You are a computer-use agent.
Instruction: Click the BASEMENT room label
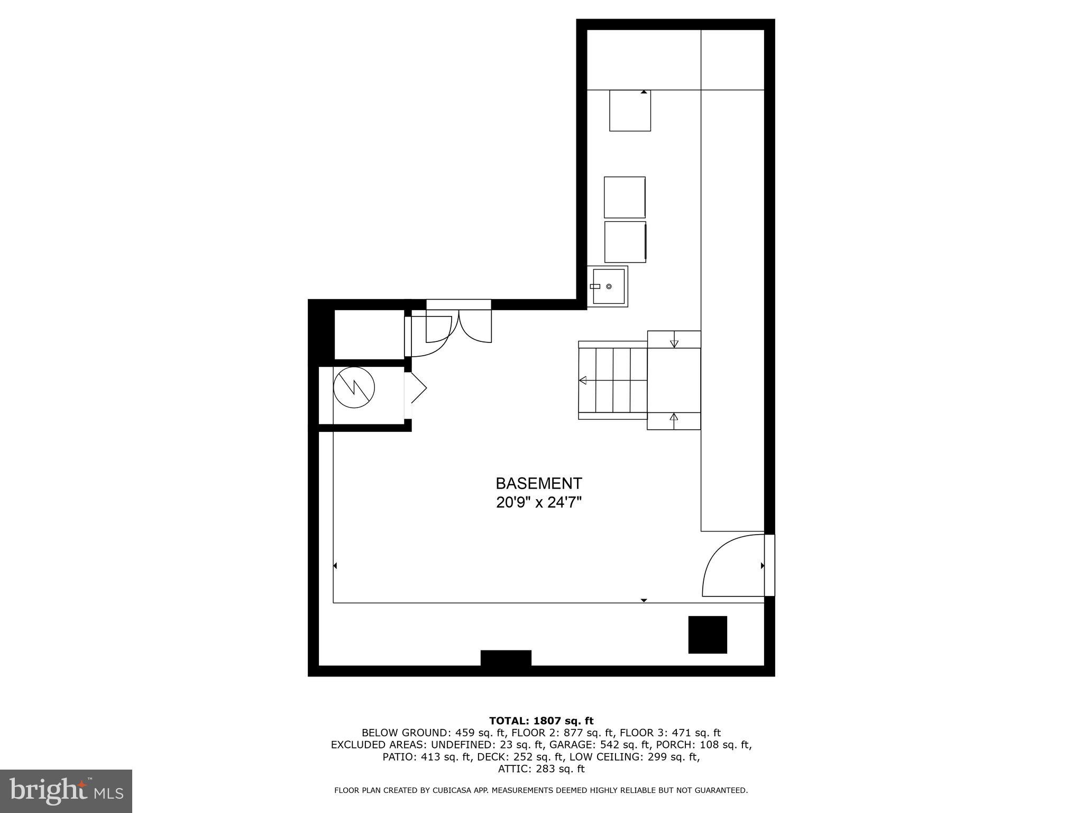(538, 483)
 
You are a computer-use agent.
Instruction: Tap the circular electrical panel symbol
(354, 387)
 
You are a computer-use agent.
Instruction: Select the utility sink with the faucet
(608, 286)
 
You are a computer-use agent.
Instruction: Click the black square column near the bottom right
(707, 635)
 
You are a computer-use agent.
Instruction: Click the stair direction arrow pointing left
(583, 380)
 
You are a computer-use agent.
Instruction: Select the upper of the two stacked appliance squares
(625, 197)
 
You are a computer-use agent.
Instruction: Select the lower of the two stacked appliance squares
(625, 242)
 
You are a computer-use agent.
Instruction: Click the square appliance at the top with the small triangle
(630, 111)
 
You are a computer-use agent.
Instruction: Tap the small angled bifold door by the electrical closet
(417, 389)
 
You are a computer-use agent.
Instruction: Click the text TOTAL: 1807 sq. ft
(541, 720)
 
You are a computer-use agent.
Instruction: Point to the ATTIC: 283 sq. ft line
(541, 769)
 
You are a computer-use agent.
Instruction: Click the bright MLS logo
(66, 791)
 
